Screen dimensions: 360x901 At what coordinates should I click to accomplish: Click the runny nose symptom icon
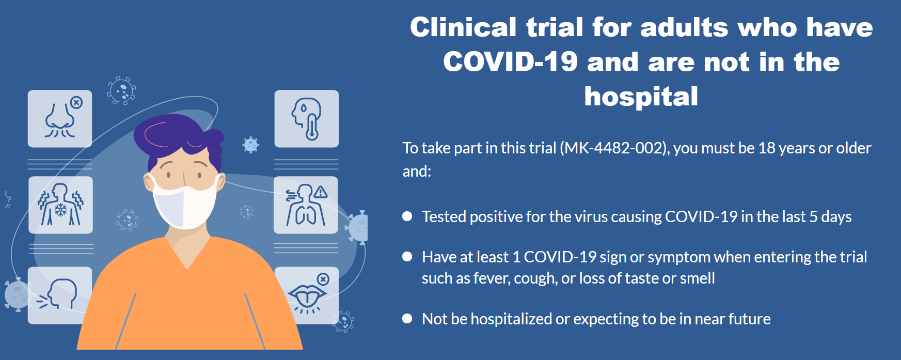(60, 119)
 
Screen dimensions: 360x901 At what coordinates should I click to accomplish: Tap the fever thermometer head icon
(306, 119)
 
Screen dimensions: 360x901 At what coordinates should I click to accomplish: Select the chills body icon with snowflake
(60, 205)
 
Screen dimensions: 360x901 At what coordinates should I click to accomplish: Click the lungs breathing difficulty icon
(306, 205)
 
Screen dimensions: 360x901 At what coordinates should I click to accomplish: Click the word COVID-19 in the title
(510, 62)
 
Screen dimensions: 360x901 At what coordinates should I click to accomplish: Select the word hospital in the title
(641, 97)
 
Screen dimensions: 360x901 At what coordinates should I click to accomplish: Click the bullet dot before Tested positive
(407, 216)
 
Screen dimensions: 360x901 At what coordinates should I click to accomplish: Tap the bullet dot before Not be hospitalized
(407, 319)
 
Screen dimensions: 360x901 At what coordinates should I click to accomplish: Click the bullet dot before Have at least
(407, 257)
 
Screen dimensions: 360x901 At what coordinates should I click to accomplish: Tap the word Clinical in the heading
(463, 27)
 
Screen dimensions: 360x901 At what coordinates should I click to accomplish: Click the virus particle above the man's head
(121, 91)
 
